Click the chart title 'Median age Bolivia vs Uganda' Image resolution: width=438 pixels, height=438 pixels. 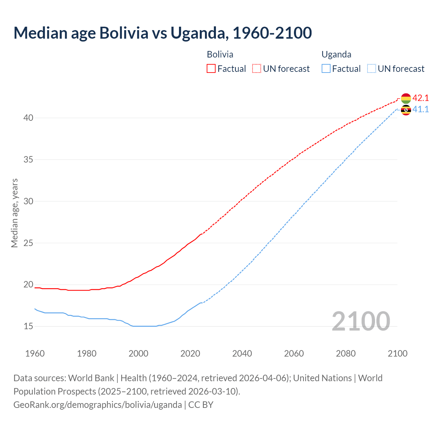click(x=163, y=33)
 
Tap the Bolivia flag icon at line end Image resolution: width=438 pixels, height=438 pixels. click(x=406, y=98)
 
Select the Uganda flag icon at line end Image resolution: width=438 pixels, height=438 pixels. click(x=406, y=110)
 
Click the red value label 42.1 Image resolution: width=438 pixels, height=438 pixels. click(x=421, y=98)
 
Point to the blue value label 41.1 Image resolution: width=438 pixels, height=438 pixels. click(x=421, y=109)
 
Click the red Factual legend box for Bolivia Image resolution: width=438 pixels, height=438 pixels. click(x=211, y=68)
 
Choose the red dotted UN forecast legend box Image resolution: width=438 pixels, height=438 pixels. click(x=257, y=68)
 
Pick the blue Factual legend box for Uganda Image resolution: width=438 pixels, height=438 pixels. click(x=326, y=68)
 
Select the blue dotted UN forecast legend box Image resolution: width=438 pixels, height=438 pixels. click(x=372, y=68)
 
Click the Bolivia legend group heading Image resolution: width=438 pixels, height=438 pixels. click(x=220, y=54)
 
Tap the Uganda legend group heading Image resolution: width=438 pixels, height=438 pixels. click(x=336, y=54)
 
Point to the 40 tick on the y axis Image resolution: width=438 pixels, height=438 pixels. click(x=28, y=118)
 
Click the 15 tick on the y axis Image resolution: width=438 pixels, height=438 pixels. click(x=28, y=326)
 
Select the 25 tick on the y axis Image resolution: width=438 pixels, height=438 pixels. click(x=28, y=243)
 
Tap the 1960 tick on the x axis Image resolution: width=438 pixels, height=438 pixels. click(x=35, y=353)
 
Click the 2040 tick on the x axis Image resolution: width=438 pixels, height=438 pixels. click(x=242, y=353)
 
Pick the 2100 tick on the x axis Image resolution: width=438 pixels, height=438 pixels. click(x=397, y=353)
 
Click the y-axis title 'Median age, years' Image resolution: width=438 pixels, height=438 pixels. click(x=14, y=213)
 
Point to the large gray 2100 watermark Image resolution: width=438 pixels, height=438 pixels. click(x=361, y=321)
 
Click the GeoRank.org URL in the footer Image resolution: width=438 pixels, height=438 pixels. click(x=98, y=404)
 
